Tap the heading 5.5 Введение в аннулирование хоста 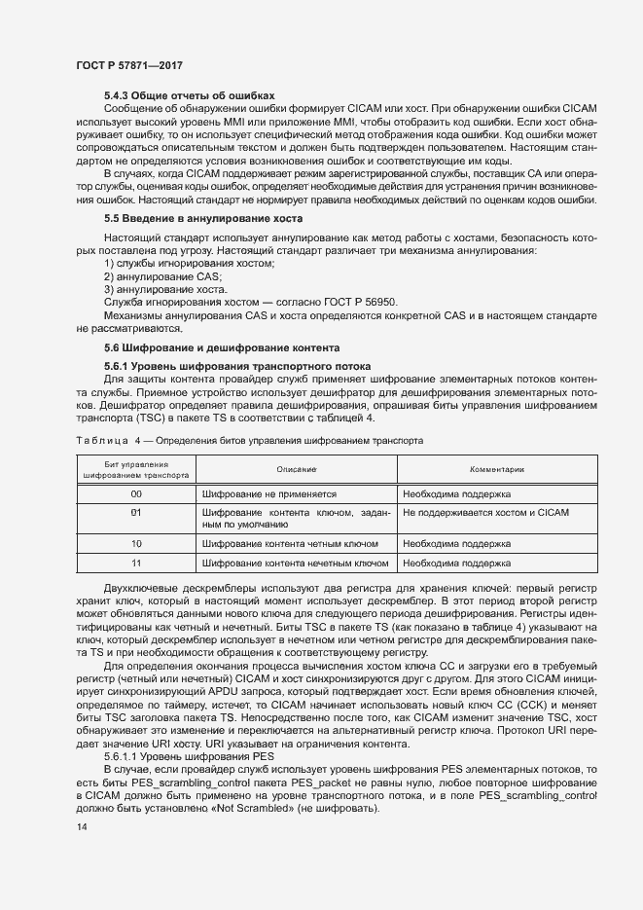point(203,218)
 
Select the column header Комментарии point(497,469)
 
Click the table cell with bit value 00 point(137,494)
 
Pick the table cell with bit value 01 point(137,512)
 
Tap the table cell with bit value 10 point(137,543)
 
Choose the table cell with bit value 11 point(137,563)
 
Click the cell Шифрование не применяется point(268,494)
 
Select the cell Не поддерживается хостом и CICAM point(485,512)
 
